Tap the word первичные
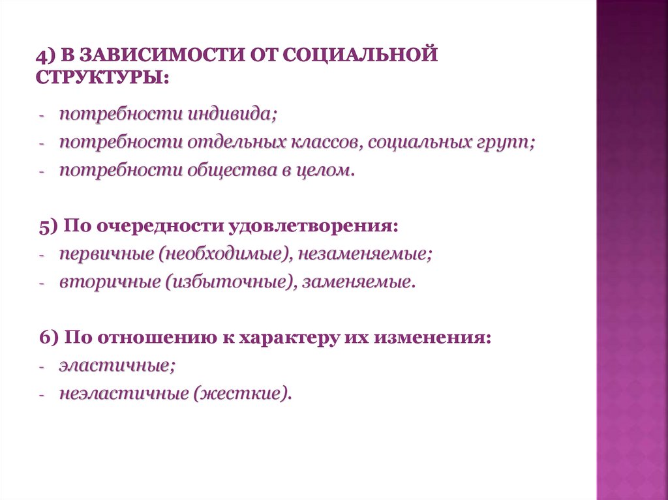(104, 254)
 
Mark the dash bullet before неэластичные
(42, 394)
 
